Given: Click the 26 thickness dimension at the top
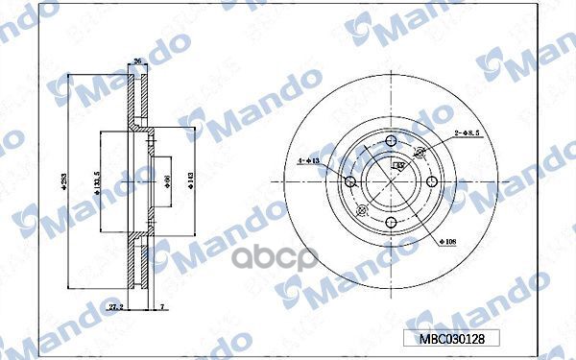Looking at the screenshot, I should click(x=136, y=61).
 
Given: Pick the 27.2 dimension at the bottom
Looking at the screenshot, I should click(x=118, y=306).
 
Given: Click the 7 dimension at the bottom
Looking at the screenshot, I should click(x=162, y=306).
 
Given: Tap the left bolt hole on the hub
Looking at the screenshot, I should click(x=350, y=181).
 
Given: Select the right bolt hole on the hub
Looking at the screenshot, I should click(x=432, y=181).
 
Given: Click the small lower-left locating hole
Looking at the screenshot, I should click(x=362, y=210).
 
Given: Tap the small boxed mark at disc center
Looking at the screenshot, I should click(x=397, y=165).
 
